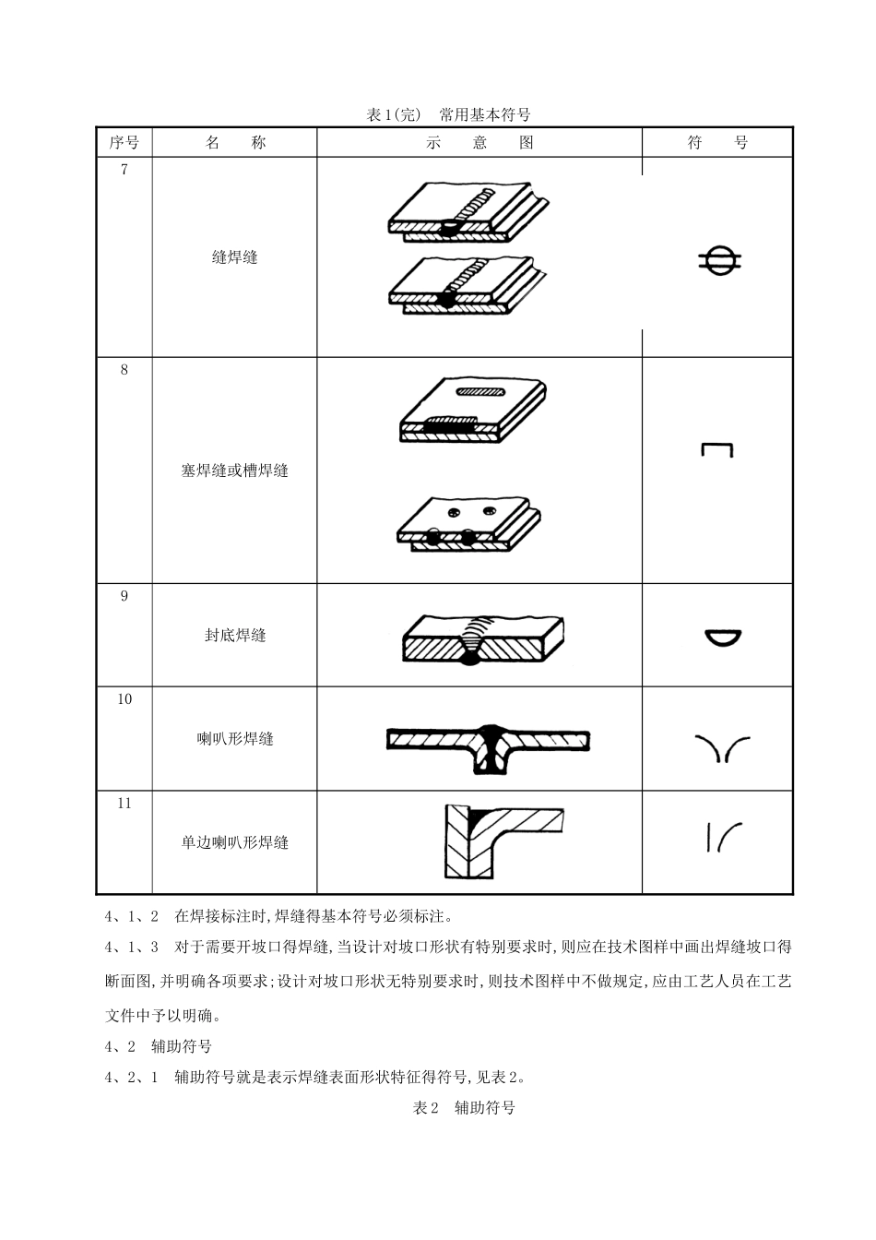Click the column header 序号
click(x=124, y=142)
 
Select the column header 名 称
click(x=234, y=142)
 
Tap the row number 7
click(x=124, y=169)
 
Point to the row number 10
click(x=124, y=699)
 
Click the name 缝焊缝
click(x=234, y=257)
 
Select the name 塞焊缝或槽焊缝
click(x=234, y=471)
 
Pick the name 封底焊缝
click(x=234, y=635)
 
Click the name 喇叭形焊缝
click(x=234, y=739)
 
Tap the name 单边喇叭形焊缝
click(x=234, y=842)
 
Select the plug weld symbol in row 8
click(x=716, y=450)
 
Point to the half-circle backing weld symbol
click(x=722, y=637)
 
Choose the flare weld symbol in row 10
click(x=720, y=748)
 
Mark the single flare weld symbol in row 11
click(x=723, y=836)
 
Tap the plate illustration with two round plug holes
click(x=468, y=524)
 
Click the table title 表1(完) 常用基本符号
click(x=448, y=114)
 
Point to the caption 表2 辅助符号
click(x=463, y=1107)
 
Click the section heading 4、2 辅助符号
click(x=158, y=1046)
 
